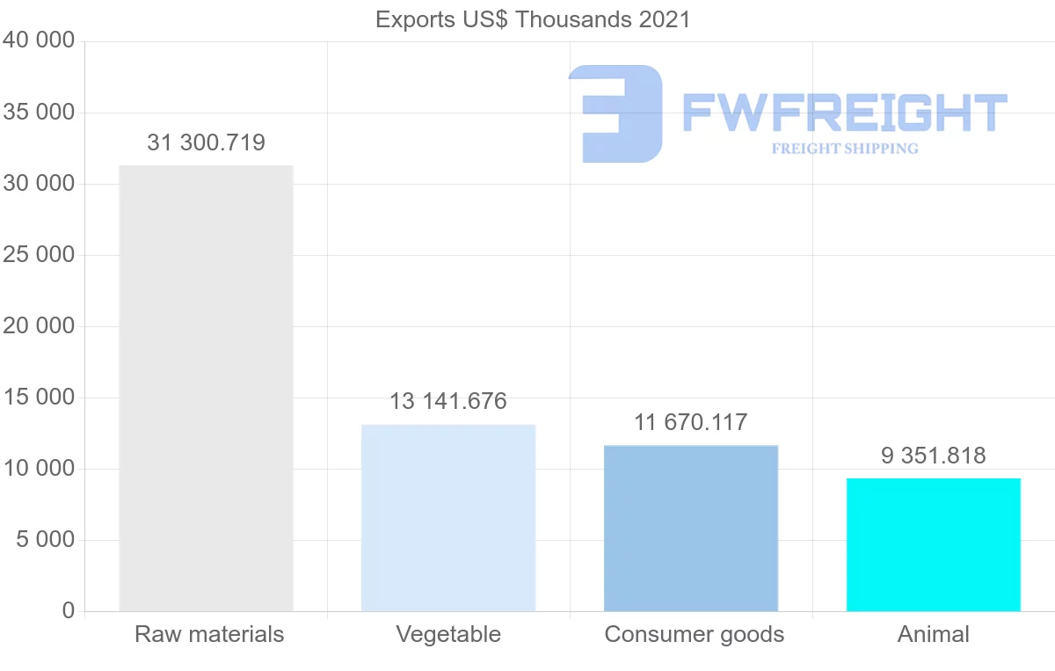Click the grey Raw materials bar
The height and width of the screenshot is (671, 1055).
click(x=206, y=388)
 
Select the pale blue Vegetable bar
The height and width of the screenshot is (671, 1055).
click(x=448, y=518)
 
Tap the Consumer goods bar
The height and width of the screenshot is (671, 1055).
click(x=691, y=528)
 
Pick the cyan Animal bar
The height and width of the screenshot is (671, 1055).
click(x=934, y=544)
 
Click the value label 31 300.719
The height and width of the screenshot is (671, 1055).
click(x=206, y=142)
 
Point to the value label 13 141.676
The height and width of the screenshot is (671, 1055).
click(x=448, y=402)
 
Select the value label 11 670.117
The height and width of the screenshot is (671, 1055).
click(x=691, y=422)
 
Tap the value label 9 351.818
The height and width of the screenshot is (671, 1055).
click(x=934, y=456)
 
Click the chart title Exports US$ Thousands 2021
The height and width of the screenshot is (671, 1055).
click(x=533, y=19)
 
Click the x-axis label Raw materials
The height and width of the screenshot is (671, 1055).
click(x=209, y=634)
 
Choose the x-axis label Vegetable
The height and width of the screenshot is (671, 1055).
click(x=448, y=634)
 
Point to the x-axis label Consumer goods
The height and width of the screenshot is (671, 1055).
click(x=695, y=634)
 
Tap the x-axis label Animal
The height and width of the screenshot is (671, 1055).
click(x=934, y=634)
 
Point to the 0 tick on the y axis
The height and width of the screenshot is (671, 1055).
click(x=69, y=611)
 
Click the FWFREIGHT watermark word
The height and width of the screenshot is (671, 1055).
click(x=844, y=113)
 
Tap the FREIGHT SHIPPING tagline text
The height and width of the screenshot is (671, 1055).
click(x=845, y=149)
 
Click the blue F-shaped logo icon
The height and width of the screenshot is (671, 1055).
click(x=615, y=113)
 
